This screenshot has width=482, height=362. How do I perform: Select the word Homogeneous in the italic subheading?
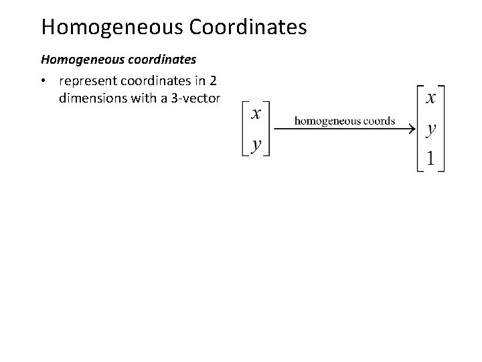coord(78,60)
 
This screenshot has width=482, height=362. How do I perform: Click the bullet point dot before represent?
coord(42,82)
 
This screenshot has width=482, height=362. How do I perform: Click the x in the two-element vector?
coord(256,113)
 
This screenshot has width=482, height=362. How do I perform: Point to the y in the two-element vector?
coord(256,144)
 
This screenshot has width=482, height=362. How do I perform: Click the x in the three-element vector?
coord(432,98)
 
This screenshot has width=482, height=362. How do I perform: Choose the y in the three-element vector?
coord(432,129)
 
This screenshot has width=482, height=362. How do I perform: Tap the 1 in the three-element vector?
coord(431,158)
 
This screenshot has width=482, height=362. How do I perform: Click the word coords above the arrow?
coord(377,121)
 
